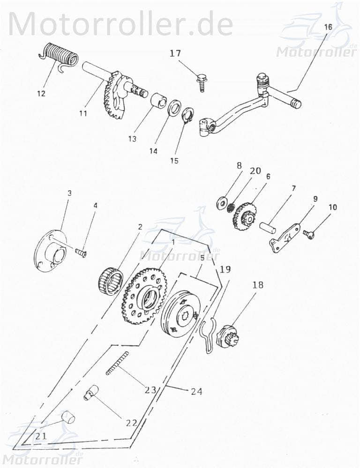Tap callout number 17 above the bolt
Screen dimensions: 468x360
tap(175, 54)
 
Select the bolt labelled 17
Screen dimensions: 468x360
tap(202, 82)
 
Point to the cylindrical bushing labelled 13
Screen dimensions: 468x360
tap(158, 101)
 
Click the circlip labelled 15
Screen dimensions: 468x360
tap(188, 115)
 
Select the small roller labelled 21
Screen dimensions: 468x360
tap(69, 416)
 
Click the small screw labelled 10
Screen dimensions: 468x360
tap(308, 234)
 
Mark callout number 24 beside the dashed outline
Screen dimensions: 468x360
tap(197, 391)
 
